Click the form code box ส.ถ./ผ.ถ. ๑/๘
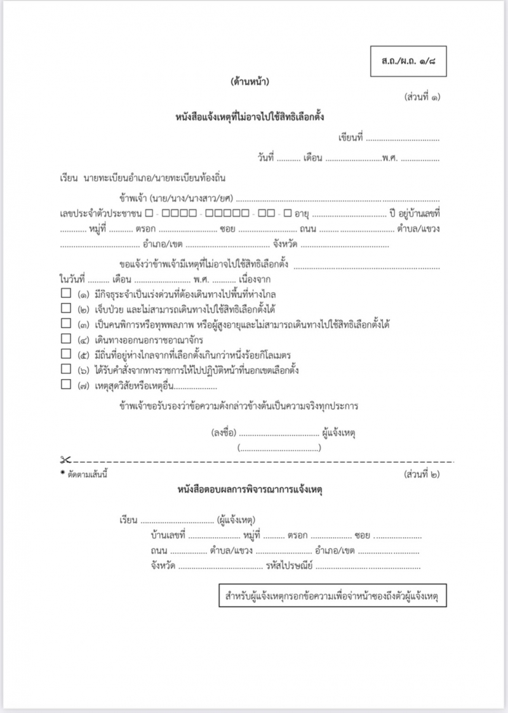pyautogui.click(x=410, y=62)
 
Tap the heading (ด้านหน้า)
pyautogui.click(x=250, y=81)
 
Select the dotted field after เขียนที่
pyautogui.click(x=402, y=138)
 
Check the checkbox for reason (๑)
pyautogui.click(x=65, y=294)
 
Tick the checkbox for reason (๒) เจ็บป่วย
pyautogui.click(x=65, y=309)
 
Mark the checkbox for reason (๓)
pyautogui.click(x=65, y=324)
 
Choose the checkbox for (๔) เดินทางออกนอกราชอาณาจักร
pyautogui.click(x=65, y=340)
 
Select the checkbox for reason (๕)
pyautogui.click(x=65, y=354)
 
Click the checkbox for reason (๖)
pyautogui.click(x=65, y=369)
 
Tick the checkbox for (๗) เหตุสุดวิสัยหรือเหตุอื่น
pyautogui.click(x=65, y=384)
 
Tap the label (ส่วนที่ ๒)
pyautogui.click(x=422, y=474)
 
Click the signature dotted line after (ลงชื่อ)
pyautogui.click(x=279, y=433)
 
